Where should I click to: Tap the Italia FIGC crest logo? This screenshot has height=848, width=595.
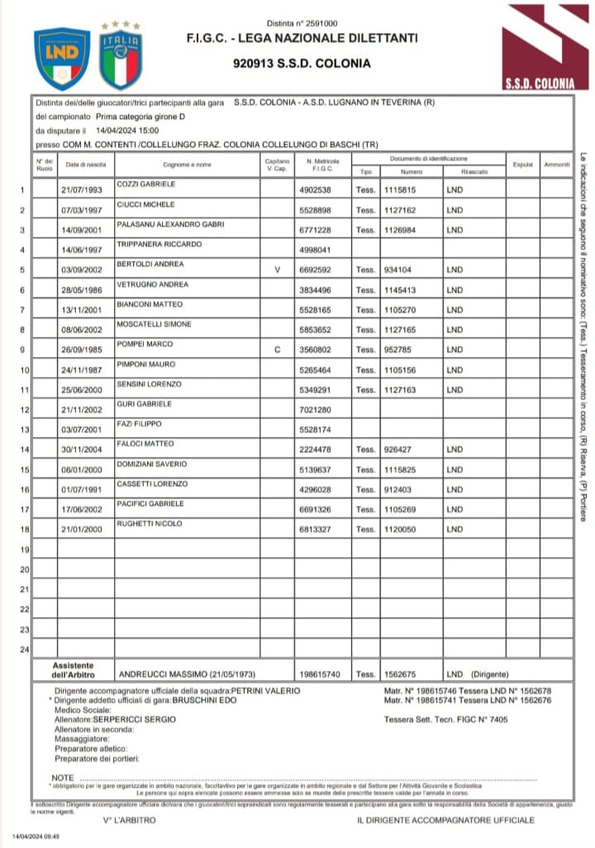121,58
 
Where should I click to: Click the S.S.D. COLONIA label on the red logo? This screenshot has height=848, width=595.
539,83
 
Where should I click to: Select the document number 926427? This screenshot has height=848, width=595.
401,450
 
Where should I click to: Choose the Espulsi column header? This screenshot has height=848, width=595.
522,164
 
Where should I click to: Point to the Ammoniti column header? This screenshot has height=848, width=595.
557,164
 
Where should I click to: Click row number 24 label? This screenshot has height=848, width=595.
23,649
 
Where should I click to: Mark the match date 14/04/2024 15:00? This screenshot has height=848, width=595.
127,131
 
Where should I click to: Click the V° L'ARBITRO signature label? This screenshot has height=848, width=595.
130,820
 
